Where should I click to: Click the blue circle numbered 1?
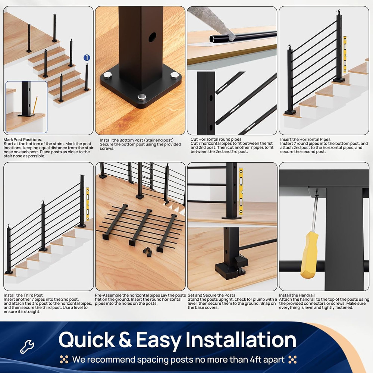[87, 58]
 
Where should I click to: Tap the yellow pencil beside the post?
[35, 105]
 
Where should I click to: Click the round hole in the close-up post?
[153, 37]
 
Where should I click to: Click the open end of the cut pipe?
[212, 39]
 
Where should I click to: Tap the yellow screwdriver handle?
[309, 254]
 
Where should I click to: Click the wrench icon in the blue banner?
[27, 347]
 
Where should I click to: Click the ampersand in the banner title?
[125, 340]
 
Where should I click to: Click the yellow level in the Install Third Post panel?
[88, 204]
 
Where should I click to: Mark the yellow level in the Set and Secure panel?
[241, 191]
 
